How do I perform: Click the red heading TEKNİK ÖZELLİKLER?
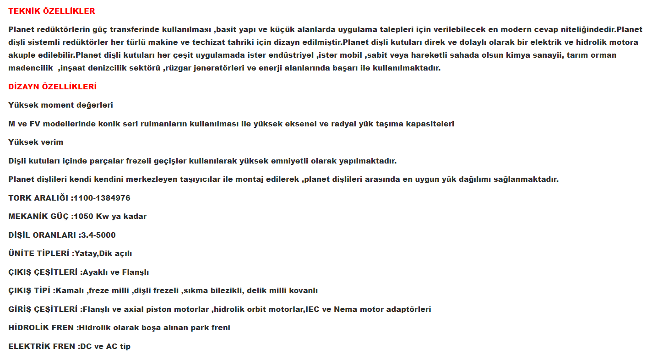(x=52, y=11)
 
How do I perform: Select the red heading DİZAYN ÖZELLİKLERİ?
(x=52, y=87)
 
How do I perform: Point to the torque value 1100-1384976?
(x=102, y=198)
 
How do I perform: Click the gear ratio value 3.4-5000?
(x=98, y=235)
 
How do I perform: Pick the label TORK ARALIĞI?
(x=39, y=198)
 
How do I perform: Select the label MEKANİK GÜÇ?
(x=38, y=216)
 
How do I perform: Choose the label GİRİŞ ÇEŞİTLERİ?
(x=43, y=309)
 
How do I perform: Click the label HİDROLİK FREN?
(x=42, y=327)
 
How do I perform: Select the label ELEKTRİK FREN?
(x=42, y=346)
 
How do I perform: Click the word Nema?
(x=346, y=309)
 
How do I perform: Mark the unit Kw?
(x=103, y=216)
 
